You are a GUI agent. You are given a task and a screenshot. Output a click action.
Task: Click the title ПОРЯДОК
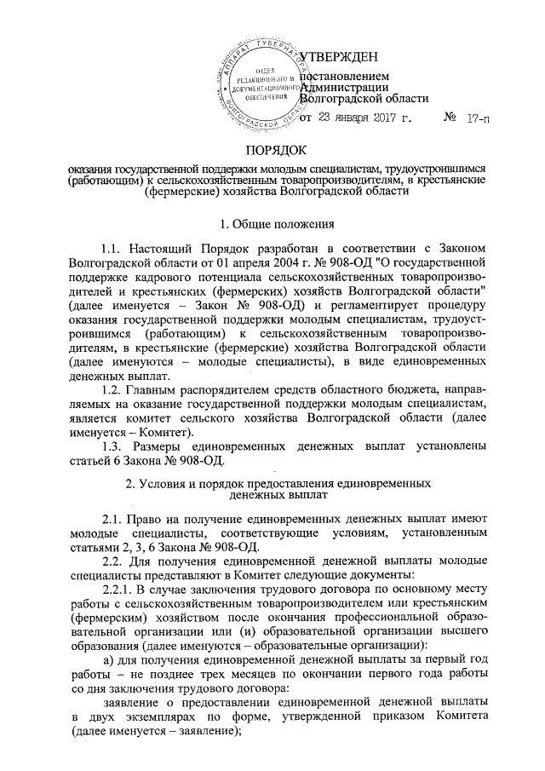coord(272,152)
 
